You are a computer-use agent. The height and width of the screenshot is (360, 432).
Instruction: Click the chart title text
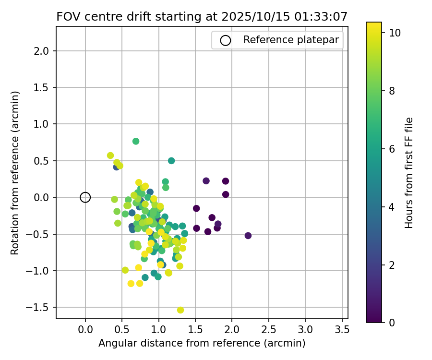(202, 16)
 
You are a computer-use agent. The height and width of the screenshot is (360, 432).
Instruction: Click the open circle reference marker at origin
(85, 197)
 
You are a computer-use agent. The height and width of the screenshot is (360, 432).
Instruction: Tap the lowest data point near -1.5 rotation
(180, 310)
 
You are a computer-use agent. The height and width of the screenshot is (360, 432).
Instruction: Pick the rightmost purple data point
(248, 236)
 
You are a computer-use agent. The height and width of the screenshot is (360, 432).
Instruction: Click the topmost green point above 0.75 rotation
(136, 141)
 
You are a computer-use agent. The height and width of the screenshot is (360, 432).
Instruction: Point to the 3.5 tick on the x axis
(342, 330)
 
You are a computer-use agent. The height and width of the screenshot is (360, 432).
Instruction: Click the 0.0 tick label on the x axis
(85, 330)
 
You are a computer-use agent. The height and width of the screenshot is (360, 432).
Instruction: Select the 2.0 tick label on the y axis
(42, 51)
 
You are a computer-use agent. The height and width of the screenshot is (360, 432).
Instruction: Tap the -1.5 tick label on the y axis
(40, 307)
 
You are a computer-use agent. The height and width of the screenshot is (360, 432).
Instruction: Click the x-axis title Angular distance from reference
(202, 344)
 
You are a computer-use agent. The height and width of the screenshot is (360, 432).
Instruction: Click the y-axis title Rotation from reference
(15, 173)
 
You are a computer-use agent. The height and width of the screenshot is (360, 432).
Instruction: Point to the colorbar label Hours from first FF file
(409, 173)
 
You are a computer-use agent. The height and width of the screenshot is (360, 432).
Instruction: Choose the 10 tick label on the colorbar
(395, 33)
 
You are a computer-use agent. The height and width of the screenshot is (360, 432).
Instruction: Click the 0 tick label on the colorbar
(392, 323)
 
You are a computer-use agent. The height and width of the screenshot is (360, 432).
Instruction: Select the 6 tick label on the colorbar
(392, 149)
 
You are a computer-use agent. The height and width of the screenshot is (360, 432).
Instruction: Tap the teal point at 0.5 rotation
(171, 161)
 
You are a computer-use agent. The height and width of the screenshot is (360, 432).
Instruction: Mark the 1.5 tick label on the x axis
(195, 330)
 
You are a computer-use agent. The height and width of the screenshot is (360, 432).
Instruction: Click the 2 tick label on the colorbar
(392, 265)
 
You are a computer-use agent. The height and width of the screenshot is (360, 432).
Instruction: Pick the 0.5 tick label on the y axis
(42, 161)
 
